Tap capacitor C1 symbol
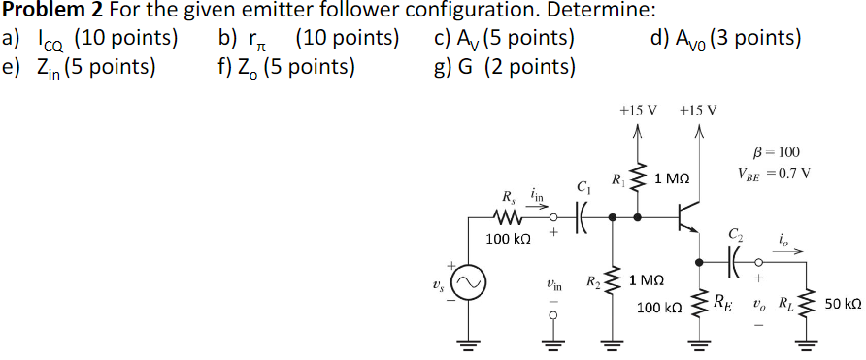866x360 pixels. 582,218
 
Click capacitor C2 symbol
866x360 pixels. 734,259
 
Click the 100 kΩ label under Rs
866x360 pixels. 506,239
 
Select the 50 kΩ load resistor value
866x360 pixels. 842,303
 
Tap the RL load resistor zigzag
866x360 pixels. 805,302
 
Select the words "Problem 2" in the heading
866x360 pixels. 48,12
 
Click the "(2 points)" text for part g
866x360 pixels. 527,67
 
